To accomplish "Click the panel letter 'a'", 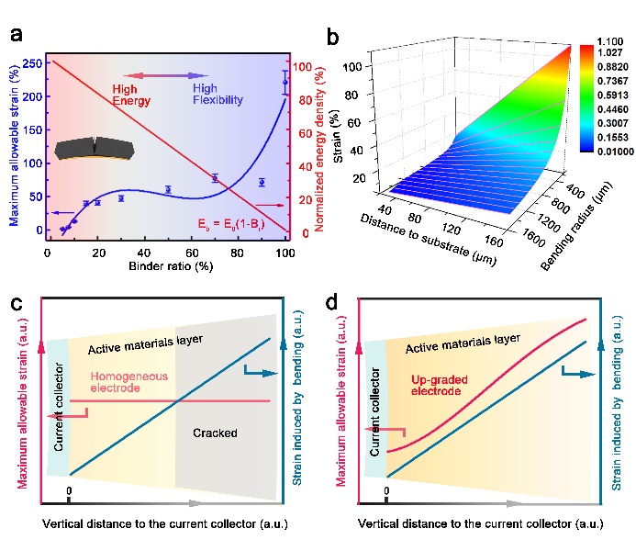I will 16,36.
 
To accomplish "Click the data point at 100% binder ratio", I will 285,83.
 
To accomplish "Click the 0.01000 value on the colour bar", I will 611,148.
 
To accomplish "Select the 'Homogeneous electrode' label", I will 120,382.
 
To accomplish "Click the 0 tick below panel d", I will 386,492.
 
